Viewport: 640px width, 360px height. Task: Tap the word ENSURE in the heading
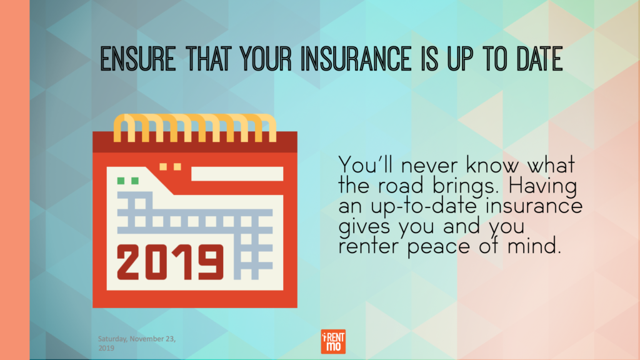138,59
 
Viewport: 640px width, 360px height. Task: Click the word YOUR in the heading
266,59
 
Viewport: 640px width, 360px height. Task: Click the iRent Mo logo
333,341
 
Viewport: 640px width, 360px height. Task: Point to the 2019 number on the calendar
170,262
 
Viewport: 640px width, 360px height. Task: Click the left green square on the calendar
121,181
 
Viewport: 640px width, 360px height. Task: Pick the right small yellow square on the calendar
177,166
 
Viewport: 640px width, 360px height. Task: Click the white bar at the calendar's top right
237,174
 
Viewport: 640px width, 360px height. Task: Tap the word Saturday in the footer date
112,339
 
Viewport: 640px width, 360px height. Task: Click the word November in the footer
147,339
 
